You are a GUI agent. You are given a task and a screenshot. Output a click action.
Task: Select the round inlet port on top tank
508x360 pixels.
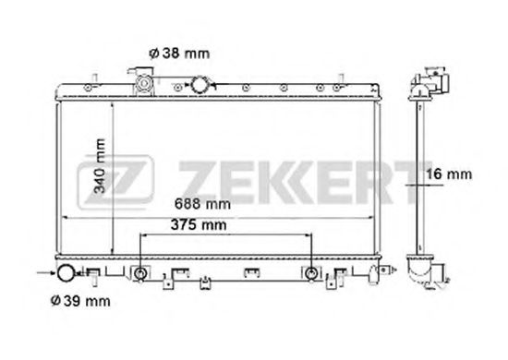[x=200, y=86]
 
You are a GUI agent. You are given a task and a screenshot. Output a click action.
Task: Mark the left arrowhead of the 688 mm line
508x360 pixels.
[x=65, y=218]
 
